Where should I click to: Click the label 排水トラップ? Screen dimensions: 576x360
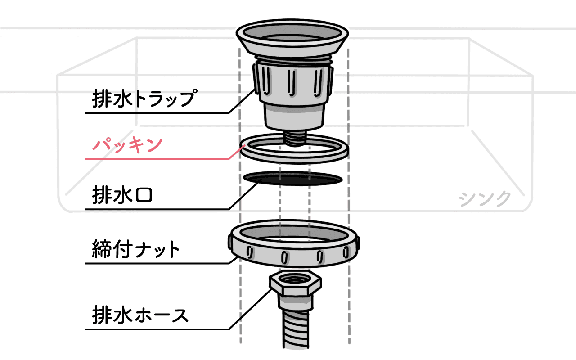(x=145, y=98)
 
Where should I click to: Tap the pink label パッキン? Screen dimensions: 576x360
(x=127, y=145)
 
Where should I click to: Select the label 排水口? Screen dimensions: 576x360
(x=122, y=195)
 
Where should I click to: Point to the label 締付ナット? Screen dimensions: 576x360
(x=136, y=249)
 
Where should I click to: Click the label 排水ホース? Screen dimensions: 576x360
(x=140, y=315)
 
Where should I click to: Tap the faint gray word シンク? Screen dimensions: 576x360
(x=485, y=199)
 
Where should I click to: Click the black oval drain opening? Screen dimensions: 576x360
(x=293, y=179)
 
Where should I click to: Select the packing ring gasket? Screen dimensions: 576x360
(x=294, y=148)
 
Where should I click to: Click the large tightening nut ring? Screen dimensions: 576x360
(x=294, y=243)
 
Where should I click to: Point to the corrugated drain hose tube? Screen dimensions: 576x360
(x=296, y=329)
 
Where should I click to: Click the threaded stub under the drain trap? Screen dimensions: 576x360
(x=295, y=138)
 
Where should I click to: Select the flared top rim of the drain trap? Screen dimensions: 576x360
(x=292, y=38)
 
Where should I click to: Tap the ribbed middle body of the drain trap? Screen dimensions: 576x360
(x=293, y=82)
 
